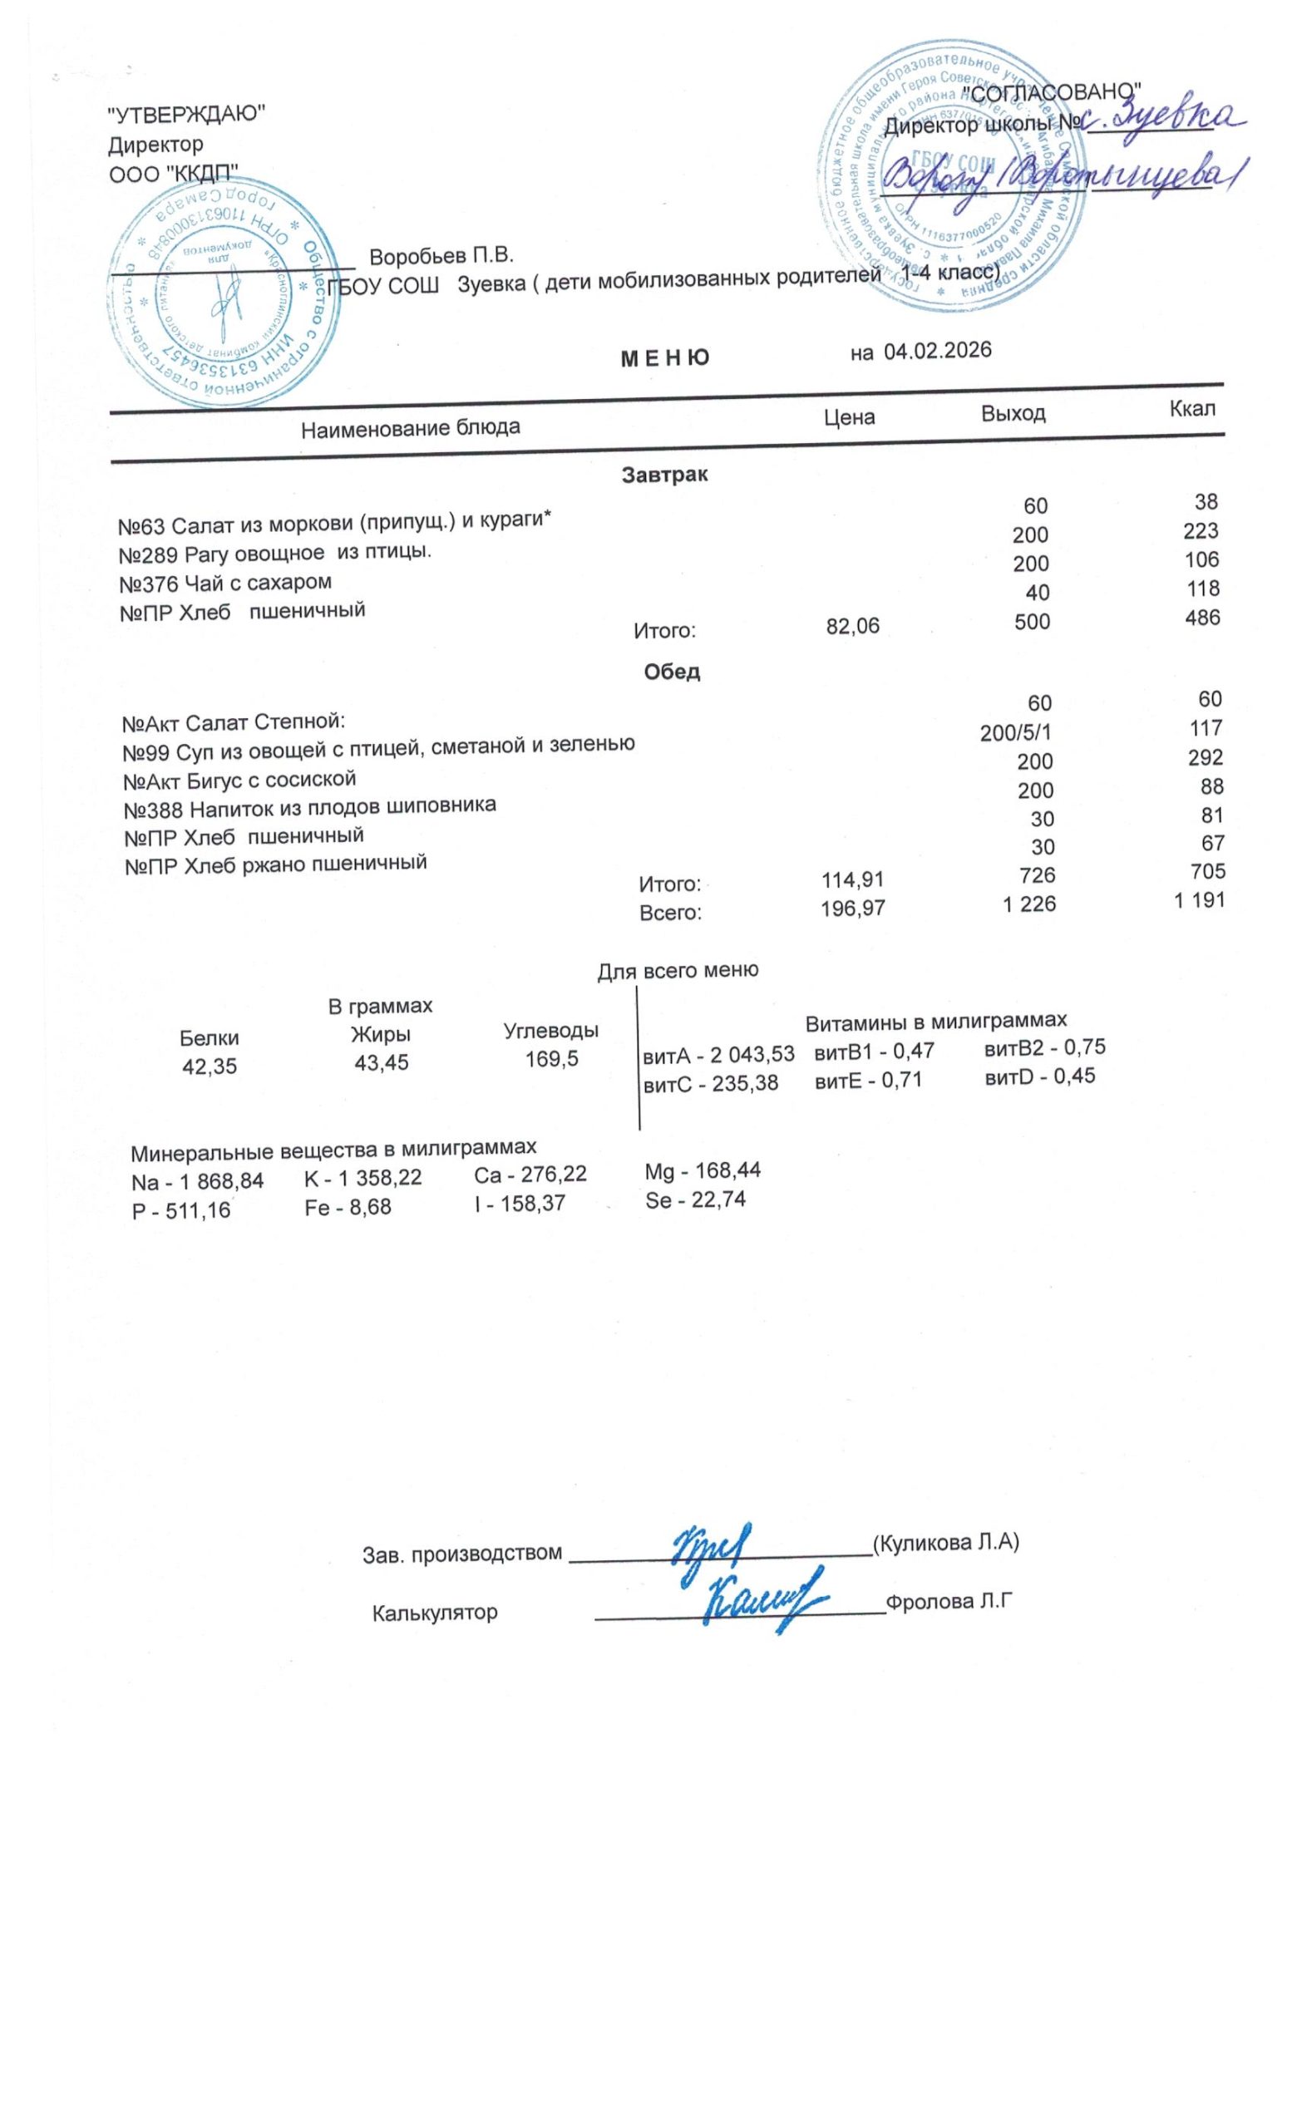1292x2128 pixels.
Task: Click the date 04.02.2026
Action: coord(937,350)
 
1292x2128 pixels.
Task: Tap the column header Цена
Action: coord(849,417)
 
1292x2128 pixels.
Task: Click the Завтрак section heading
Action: coord(664,474)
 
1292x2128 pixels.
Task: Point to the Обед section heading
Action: coord(671,671)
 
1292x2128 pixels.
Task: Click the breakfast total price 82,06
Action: coord(852,626)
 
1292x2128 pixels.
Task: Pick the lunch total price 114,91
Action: coord(852,879)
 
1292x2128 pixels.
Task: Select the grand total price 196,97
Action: coord(852,908)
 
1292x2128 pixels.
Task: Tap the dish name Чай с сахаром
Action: coord(224,583)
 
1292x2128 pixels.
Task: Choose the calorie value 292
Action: coord(1205,757)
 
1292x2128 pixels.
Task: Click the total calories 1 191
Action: coord(1199,901)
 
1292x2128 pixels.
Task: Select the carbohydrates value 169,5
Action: coord(552,1058)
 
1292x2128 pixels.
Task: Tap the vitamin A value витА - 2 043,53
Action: coord(718,1055)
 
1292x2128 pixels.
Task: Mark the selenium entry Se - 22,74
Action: coord(695,1199)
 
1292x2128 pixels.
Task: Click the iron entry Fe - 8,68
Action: coord(348,1206)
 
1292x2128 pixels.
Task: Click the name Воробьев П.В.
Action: coord(441,256)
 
